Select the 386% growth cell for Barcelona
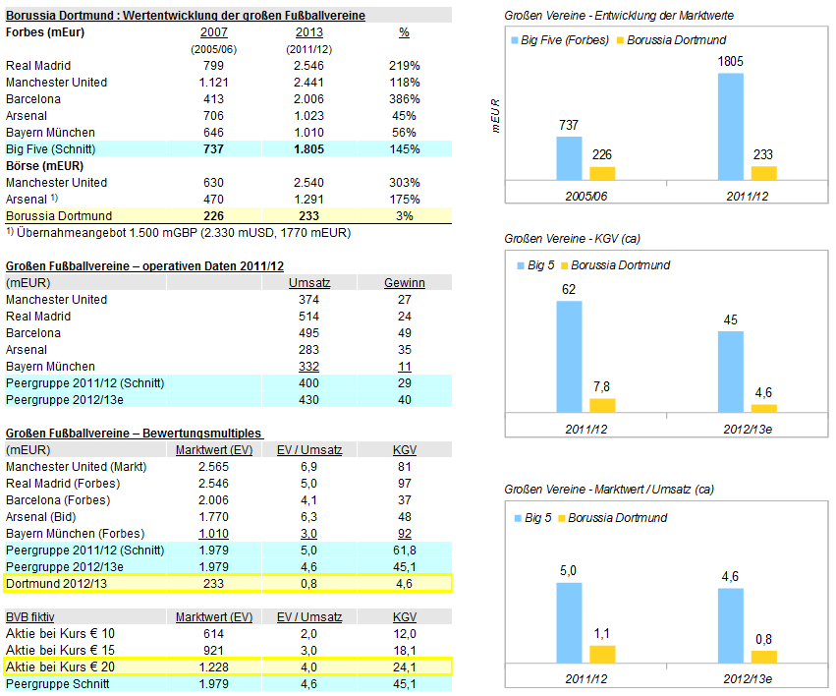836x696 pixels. pos(404,99)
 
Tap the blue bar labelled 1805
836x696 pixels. pos(731,126)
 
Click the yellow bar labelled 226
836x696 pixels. pos(602,173)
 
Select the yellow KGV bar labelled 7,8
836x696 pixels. pos(602,405)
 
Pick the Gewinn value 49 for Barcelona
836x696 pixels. pos(404,333)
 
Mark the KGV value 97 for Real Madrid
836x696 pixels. pos(404,484)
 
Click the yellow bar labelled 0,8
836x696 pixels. pos(763,655)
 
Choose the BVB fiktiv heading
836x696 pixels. pos(30,616)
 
